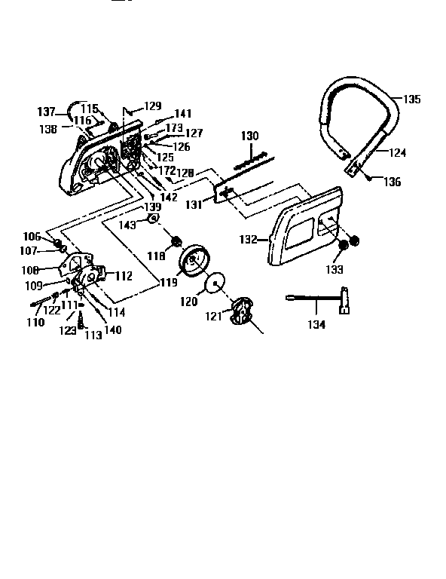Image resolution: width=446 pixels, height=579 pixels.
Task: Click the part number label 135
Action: pos(412,99)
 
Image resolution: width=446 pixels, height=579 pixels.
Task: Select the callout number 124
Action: pos(398,152)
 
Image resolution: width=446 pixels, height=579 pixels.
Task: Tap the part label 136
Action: pos(393,182)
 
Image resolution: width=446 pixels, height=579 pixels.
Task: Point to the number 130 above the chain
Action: pos(249,136)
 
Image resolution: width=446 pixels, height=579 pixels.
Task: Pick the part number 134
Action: pos(316,325)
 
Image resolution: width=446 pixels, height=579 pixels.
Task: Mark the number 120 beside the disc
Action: pos(188,301)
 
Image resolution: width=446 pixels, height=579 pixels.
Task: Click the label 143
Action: pos(129,225)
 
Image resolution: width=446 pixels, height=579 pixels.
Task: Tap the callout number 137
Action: pos(47,112)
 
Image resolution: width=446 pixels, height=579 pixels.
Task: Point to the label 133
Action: pos(334,268)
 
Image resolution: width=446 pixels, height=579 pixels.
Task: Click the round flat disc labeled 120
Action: pos(215,283)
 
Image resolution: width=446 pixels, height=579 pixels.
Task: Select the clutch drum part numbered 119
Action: pos(194,260)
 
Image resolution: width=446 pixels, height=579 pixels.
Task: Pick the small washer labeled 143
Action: pos(151,219)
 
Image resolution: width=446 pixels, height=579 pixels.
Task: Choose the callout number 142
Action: pos(169,198)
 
